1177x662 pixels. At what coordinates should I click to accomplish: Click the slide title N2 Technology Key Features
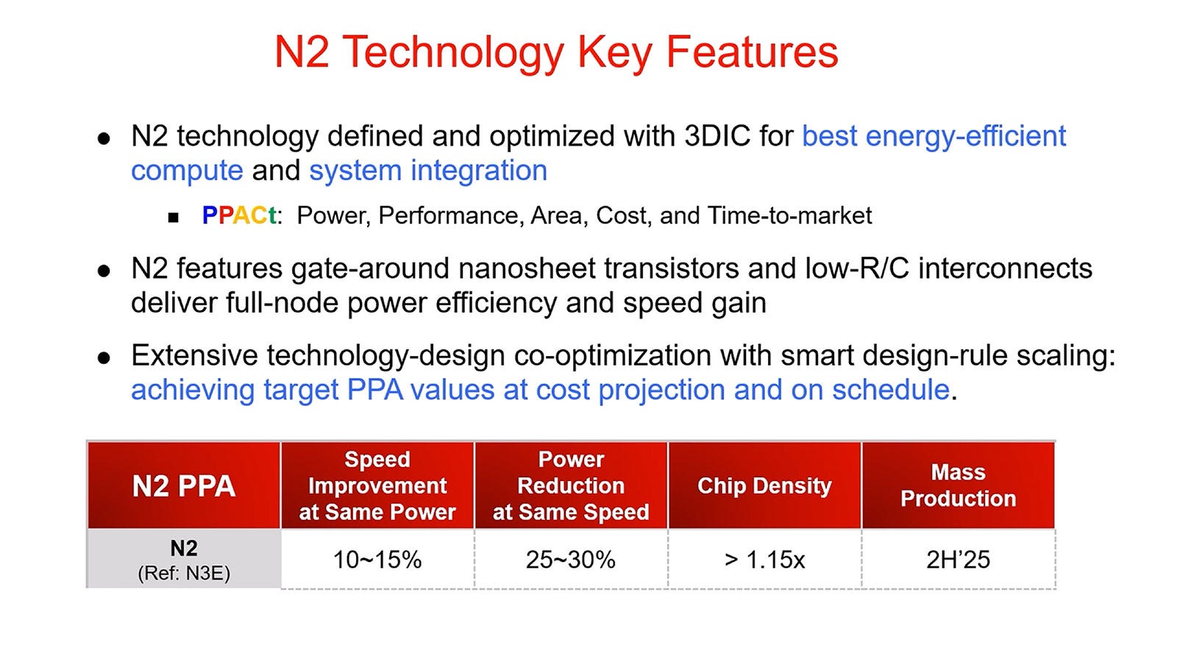pyautogui.click(x=556, y=52)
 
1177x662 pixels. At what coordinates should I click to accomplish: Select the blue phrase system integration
pyautogui.click(x=428, y=171)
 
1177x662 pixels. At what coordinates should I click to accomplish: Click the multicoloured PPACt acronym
pyautogui.click(x=240, y=216)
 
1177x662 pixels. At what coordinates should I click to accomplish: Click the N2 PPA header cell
pyautogui.click(x=184, y=485)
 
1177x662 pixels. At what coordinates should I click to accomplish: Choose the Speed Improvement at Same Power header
pyautogui.click(x=377, y=485)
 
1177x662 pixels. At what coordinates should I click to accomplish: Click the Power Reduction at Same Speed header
pyautogui.click(x=571, y=485)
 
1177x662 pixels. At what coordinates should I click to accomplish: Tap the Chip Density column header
pyautogui.click(x=764, y=485)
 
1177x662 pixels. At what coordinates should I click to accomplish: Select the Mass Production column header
pyautogui.click(x=958, y=485)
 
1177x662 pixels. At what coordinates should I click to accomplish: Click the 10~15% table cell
pyautogui.click(x=377, y=560)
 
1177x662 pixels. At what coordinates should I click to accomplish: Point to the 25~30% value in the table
pyautogui.click(x=571, y=560)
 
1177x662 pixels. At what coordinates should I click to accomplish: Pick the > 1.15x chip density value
pyautogui.click(x=764, y=560)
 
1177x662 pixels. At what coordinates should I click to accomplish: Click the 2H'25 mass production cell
pyautogui.click(x=958, y=560)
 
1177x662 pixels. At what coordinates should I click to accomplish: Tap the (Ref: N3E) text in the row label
pyautogui.click(x=184, y=573)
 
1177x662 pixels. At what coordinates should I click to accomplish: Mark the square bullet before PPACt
pyautogui.click(x=174, y=217)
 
